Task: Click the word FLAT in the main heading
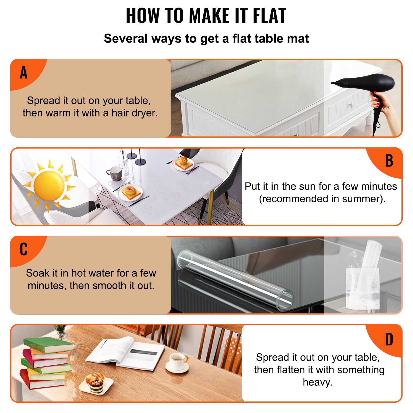(269, 16)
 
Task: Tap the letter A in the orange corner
(23, 73)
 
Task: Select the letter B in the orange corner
(389, 161)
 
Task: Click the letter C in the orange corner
(23, 249)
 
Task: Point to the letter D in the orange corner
(389, 339)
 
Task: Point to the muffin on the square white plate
(95, 381)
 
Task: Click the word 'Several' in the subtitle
(126, 39)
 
